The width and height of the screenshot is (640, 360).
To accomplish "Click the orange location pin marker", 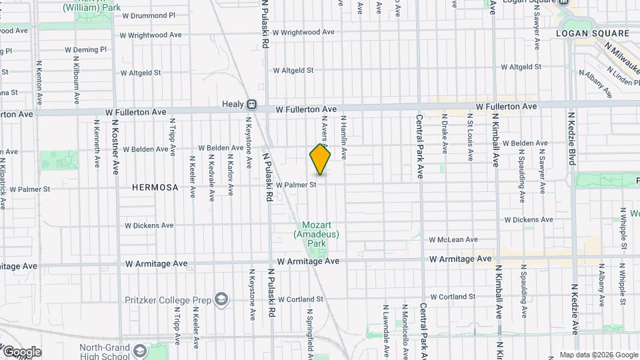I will click(320, 159).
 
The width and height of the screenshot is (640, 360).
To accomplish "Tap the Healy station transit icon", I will click(251, 105).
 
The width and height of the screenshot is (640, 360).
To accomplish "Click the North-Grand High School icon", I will click(140, 351).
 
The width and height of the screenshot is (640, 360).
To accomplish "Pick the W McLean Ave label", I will click(453, 239).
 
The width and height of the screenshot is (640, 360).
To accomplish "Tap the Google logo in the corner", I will click(22, 351).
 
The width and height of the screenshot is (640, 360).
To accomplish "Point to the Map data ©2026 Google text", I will click(597, 355).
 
